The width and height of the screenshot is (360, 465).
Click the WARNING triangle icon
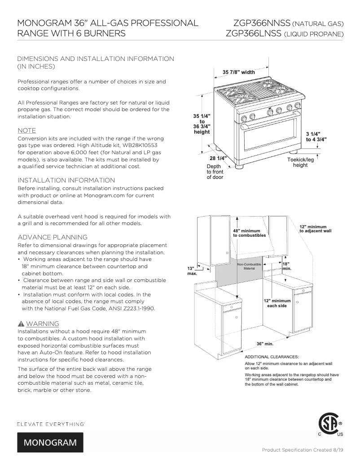21,324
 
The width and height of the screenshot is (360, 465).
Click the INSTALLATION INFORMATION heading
66,180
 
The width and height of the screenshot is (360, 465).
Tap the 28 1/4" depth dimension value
218,158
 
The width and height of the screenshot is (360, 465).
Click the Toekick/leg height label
300,162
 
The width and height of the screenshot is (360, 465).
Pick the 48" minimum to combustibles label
249,233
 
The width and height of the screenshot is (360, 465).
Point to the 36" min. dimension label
265,343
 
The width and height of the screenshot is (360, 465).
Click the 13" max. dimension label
192,270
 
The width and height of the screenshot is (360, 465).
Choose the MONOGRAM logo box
50,442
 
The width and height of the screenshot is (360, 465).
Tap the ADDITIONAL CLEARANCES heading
271,356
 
